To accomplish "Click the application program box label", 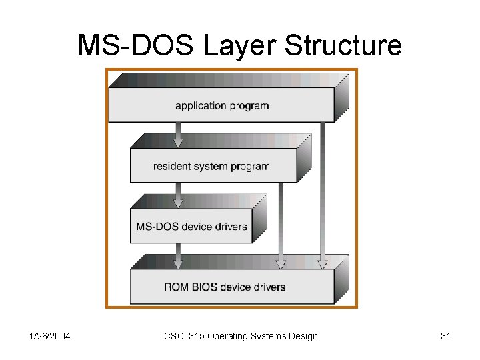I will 222,105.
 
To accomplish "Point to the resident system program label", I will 211,166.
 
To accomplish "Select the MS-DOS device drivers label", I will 191,226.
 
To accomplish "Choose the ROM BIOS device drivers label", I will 225,287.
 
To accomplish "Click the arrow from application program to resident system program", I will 178,133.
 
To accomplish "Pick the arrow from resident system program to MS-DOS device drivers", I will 178,194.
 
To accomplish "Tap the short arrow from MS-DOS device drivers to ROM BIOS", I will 178,255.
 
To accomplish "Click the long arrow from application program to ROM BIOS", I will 322,193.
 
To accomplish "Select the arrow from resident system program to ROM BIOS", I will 281,224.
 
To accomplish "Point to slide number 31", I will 446,336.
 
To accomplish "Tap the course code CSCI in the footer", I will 175,336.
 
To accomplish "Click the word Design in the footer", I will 303,336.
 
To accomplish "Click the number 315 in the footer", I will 199,336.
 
